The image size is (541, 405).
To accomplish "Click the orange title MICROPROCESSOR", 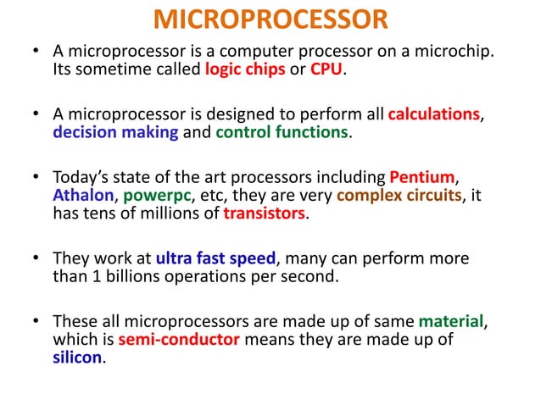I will [x=270, y=19].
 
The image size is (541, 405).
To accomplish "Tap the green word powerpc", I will [x=157, y=197].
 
